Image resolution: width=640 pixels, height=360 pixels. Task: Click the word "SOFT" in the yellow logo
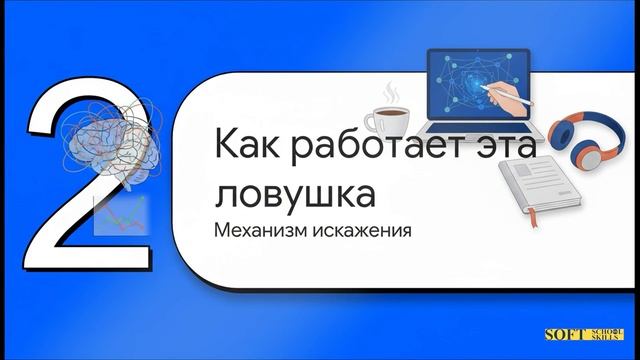pos(563,337)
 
